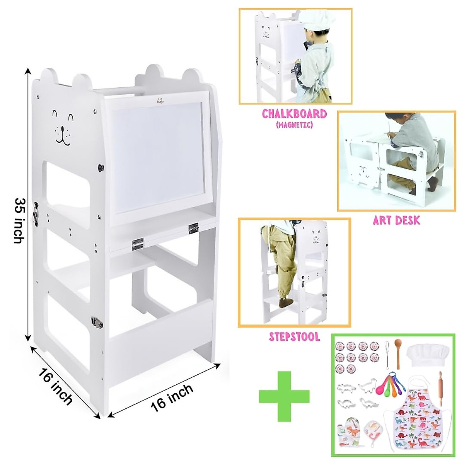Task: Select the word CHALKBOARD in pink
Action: (x=294, y=114)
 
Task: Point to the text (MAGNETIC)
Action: (x=294, y=125)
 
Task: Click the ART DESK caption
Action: (x=396, y=221)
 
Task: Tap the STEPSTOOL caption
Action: (x=295, y=337)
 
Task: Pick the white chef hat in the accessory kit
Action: (x=428, y=355)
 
